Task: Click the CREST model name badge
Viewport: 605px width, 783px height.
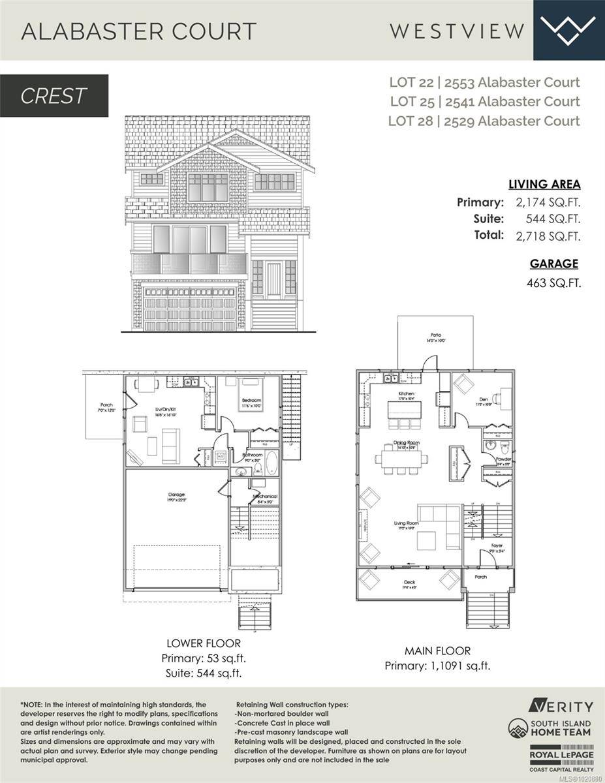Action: (x=54, y=96)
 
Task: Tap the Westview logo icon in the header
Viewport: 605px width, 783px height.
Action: (x=569, y=30)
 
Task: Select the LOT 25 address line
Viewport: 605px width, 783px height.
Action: (x=484, y=101)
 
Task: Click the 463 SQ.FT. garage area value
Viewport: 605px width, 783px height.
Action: (x=553, y=283)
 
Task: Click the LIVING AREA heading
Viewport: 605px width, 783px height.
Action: (x=544, y=185)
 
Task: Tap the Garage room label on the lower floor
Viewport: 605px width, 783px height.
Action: (x=176, y=495)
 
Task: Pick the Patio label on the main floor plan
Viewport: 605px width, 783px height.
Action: (x=435, y=335)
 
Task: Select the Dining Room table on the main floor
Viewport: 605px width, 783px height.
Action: (x=401, y=458)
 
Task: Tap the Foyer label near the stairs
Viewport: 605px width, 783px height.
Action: (x=497, y=545)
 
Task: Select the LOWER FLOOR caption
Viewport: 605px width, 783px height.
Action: (x=194, y=644)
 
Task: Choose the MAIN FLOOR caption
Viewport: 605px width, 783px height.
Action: (x=437, y=651)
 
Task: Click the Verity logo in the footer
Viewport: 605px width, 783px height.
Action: (x=561, y=707)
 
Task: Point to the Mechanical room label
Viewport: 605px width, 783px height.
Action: (x=264, y=497)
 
